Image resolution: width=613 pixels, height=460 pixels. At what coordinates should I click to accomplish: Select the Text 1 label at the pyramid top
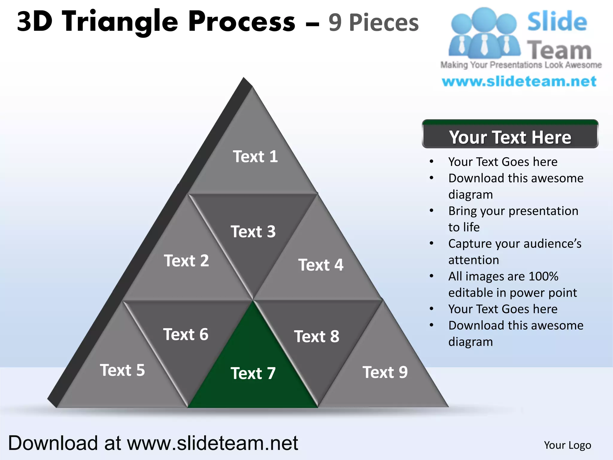255,157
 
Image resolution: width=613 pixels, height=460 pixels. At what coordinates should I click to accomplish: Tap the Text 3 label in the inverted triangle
253,231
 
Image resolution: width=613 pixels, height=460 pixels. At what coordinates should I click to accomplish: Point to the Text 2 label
186,261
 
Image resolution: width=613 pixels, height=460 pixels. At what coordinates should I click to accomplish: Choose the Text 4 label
321,265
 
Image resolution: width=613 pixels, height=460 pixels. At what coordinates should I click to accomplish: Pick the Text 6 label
186,334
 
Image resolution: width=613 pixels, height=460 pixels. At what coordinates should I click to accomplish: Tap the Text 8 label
317,336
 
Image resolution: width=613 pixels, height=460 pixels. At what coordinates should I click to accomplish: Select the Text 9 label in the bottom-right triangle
385,372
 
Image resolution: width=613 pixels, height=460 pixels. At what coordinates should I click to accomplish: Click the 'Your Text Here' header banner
510,137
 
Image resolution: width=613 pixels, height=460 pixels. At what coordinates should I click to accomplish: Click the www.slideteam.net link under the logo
519,81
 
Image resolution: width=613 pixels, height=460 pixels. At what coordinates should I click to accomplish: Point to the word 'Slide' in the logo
557,22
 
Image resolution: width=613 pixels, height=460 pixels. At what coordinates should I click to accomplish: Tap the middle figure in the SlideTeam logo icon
484,33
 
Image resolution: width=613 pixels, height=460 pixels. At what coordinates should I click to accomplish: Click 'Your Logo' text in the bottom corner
567,445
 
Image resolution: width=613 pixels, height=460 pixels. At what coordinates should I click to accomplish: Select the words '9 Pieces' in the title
373,23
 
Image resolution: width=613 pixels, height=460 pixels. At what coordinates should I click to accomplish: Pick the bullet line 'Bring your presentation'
513,211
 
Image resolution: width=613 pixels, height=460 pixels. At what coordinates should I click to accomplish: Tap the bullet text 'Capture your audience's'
515,243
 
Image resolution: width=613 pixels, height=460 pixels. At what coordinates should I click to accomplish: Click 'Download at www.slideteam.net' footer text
153,443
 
